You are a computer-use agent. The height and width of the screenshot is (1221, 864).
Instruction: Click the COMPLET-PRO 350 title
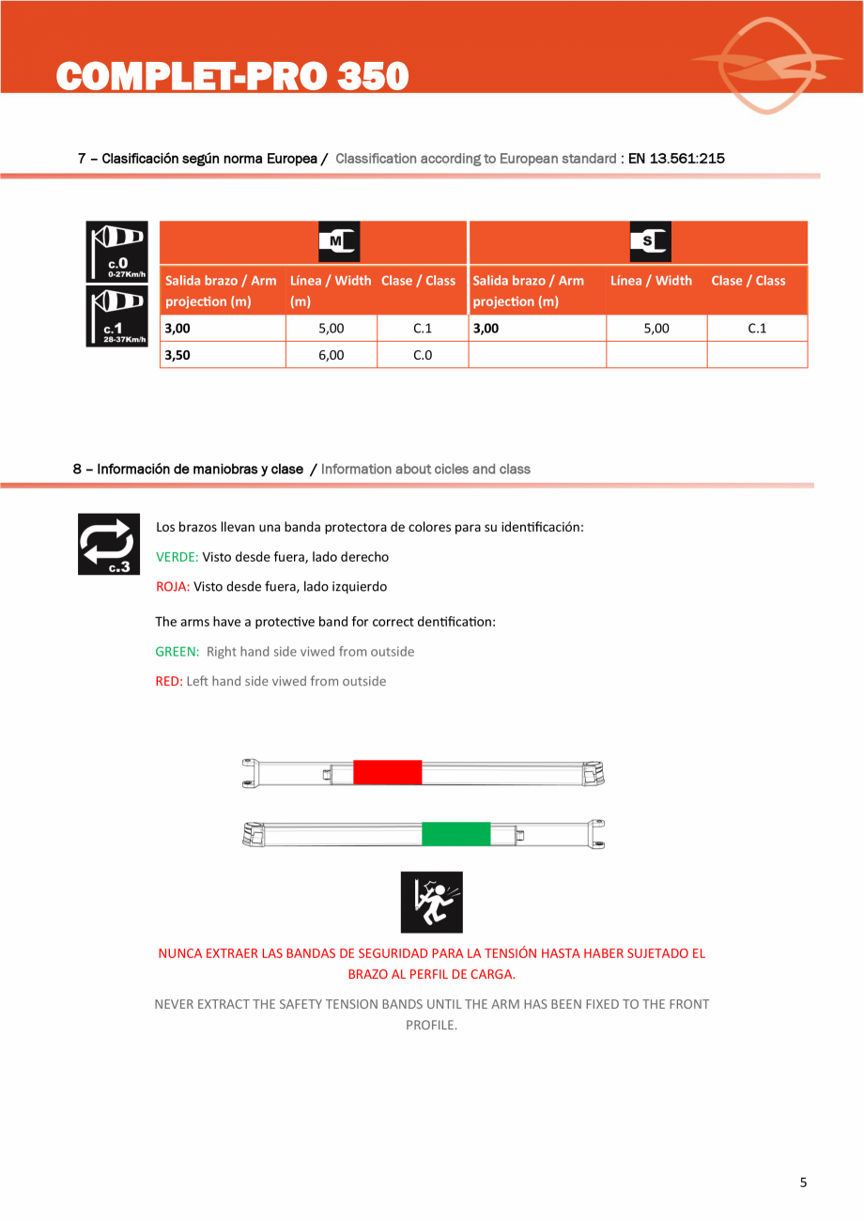(232, 75)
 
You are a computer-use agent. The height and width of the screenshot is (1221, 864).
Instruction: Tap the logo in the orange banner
(767, 65)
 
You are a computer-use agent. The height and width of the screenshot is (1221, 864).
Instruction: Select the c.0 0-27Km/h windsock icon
(116, 252)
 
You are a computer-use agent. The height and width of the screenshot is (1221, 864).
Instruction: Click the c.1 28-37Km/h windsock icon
(116, 317)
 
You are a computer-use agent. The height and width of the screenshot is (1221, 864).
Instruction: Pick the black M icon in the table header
(339, 241)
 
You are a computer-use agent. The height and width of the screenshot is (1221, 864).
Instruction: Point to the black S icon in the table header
(650, 241)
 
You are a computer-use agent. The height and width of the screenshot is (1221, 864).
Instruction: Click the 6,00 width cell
(331, 355)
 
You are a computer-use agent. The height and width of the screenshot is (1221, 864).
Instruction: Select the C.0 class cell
(423, 355)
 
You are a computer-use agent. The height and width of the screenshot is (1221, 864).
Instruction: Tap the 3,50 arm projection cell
(223, 355)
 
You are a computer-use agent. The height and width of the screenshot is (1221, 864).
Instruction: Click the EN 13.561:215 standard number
(676, 159)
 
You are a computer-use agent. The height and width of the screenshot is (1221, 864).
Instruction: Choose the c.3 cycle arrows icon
(109, 544)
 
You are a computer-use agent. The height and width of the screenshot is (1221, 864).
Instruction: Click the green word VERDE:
(177, 557)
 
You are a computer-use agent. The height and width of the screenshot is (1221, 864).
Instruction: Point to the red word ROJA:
(173, 586)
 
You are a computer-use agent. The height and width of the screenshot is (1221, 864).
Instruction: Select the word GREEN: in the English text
(177, 652)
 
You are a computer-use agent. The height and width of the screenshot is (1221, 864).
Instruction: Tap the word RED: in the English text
(169, 681)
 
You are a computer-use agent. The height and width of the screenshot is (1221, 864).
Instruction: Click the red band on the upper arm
(388, 772)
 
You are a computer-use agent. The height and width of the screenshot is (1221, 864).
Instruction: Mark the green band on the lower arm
(455, 834)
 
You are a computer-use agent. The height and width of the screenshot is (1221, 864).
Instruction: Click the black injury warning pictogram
(432, 902)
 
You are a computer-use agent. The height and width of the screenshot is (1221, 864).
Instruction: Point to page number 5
(803, 1182)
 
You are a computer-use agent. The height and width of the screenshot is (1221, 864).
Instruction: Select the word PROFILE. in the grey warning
(431, 1025)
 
